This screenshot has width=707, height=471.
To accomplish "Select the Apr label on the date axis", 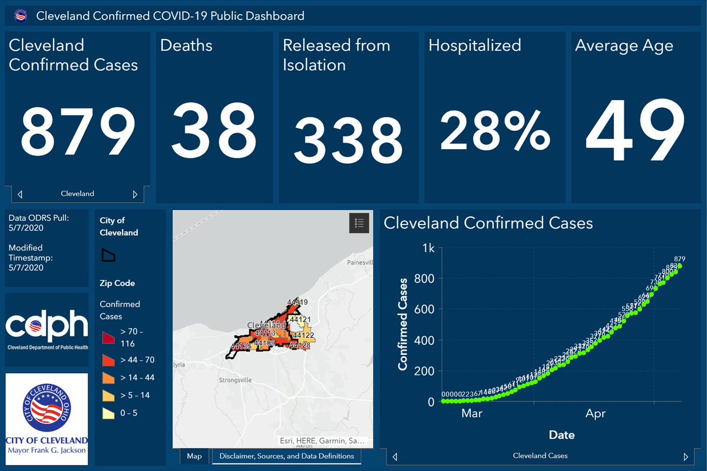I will pos(596,414).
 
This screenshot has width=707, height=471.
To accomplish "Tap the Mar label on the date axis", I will pos(472,414).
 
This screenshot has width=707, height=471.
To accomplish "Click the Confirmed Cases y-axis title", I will pos(404,324).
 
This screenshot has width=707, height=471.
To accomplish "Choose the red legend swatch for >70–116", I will pos(109,337).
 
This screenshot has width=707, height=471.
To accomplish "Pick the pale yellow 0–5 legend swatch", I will pos(109,413).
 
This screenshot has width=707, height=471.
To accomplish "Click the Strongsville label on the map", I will pos(235,380).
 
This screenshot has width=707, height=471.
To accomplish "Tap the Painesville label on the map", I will pos(361,262).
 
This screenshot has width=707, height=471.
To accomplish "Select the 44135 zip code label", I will pos(241,347).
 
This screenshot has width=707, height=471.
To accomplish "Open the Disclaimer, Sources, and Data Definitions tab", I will pos(286,456).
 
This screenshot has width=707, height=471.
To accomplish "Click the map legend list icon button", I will pos(359,223).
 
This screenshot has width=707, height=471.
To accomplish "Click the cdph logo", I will pos(47,329).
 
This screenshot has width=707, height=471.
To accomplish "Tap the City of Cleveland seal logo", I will pos(47,410).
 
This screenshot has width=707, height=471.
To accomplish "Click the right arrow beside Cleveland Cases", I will pos(685,457).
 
